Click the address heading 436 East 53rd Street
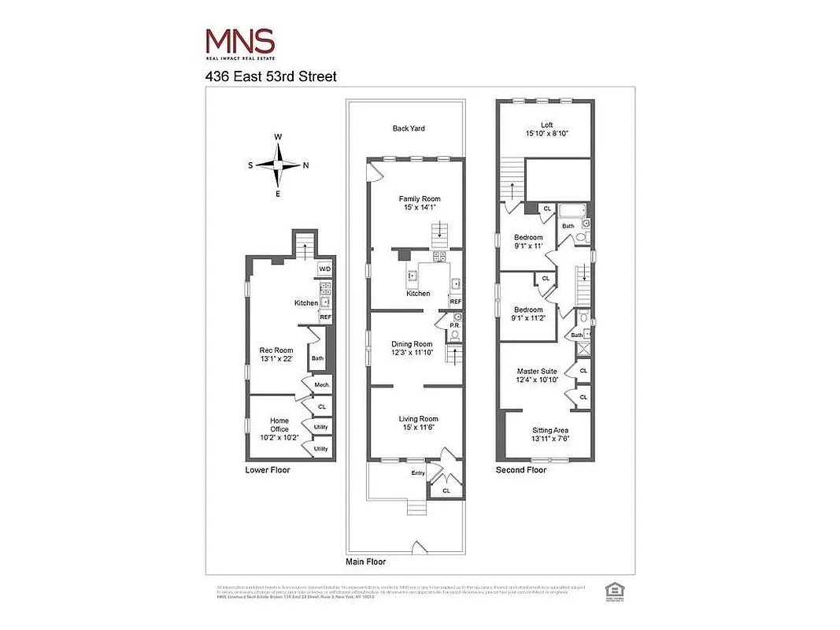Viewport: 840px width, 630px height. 271,76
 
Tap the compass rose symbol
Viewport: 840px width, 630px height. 277,165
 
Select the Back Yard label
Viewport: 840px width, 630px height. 409,128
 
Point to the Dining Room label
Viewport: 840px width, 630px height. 413,349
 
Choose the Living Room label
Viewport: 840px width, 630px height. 418,423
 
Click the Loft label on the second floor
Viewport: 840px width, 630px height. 546,129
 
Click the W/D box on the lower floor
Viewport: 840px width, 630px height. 324,269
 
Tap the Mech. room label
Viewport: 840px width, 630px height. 322,385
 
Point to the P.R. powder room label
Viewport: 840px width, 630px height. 454,325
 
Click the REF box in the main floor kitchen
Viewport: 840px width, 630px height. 455,302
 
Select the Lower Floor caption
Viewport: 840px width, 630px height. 267,470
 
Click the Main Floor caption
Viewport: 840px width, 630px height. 366,562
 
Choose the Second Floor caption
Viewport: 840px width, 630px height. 520,470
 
